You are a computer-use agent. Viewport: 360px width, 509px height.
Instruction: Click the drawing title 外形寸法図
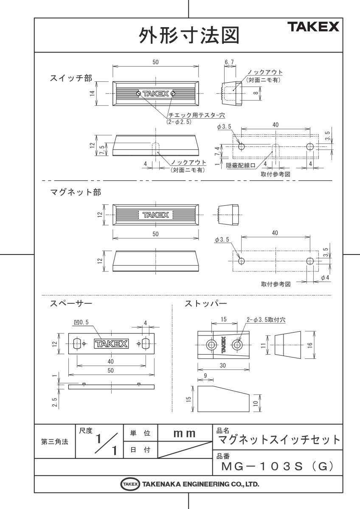point(189,36)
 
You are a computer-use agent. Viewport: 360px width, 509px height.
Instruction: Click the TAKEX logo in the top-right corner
point(314,27)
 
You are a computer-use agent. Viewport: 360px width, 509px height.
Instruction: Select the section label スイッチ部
point(70,78)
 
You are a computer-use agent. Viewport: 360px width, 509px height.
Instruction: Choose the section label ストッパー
point(205,304)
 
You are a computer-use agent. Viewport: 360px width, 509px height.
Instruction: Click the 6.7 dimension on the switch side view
point(229,62)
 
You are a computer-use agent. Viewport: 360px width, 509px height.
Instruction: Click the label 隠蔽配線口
point(241,166)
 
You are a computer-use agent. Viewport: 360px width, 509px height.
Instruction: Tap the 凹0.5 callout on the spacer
point(81,322)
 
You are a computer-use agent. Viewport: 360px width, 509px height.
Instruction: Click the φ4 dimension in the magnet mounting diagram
point(325,277)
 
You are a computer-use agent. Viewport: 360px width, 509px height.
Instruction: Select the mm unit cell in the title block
point(184,433)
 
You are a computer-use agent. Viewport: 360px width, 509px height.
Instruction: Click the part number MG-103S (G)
point(276,467)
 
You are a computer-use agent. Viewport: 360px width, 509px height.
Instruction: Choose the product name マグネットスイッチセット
point(278,439)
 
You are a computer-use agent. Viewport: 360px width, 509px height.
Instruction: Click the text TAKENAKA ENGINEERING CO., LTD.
point(200,484)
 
